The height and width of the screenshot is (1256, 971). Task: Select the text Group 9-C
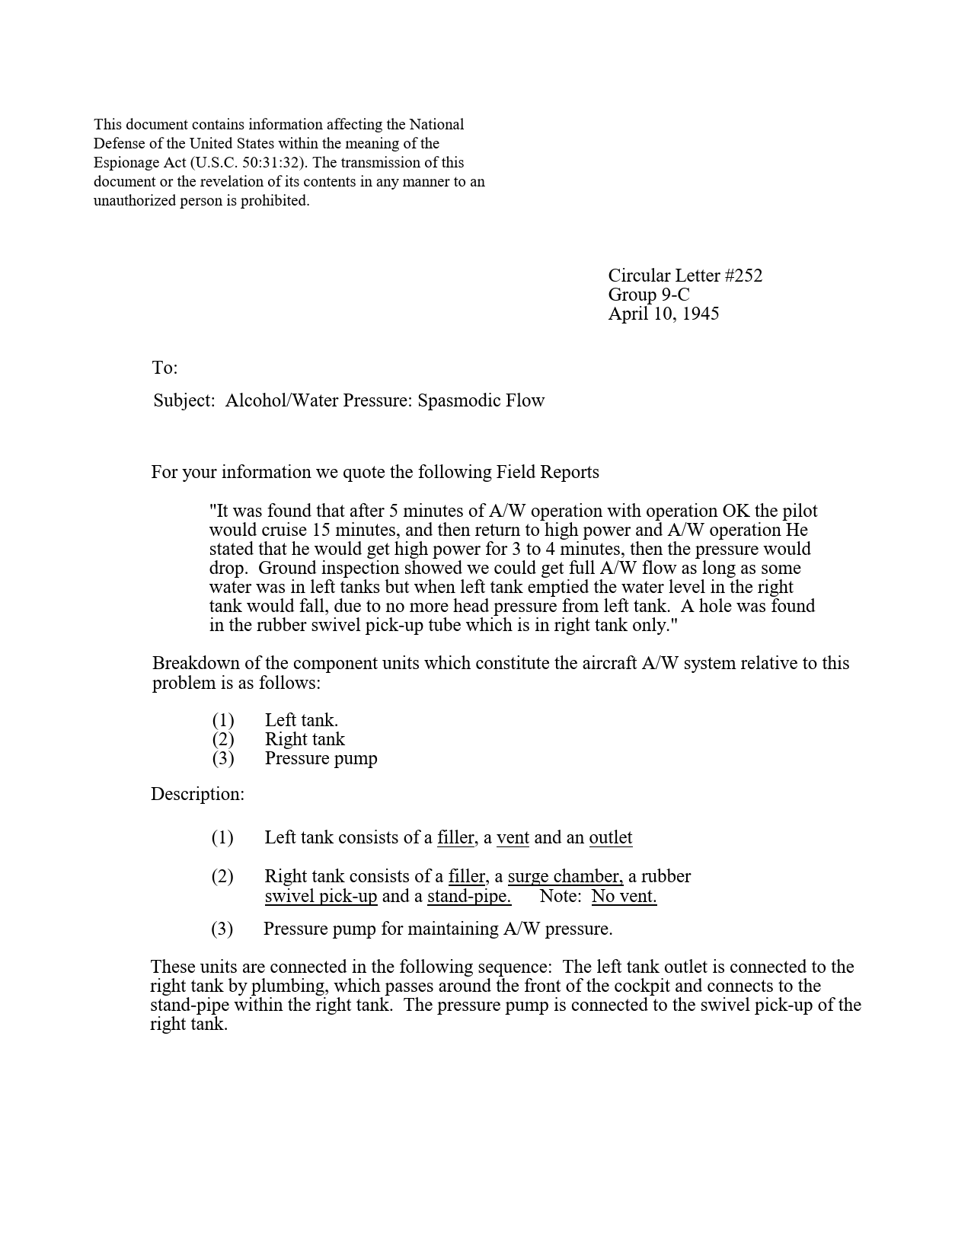click(x=648, y=295)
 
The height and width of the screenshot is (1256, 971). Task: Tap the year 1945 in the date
click(x=700, y=314)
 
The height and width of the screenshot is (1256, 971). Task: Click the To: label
click(x=164, y=368)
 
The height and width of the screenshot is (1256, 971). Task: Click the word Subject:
click(x=184, y=400)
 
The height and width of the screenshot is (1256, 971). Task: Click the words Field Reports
click(x=548, y=472)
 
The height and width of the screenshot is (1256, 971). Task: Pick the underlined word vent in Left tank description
click(x=513, y=837)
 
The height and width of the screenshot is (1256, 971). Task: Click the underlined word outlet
click(x=610, y=837)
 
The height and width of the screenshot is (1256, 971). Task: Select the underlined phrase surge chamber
click(x=565, y=876)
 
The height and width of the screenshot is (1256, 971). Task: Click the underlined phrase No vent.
click(x=624, y=896)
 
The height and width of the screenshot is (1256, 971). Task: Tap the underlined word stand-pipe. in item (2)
click(x=468, y=896)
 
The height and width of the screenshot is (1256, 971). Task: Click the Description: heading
click(x=197, y=794)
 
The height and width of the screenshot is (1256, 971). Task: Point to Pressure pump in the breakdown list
click(x=321, y=758)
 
